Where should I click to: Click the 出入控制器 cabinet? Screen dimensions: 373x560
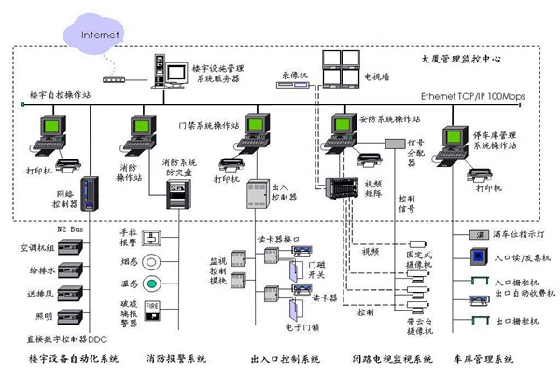257,199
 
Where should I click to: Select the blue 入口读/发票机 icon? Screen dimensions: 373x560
477,256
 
